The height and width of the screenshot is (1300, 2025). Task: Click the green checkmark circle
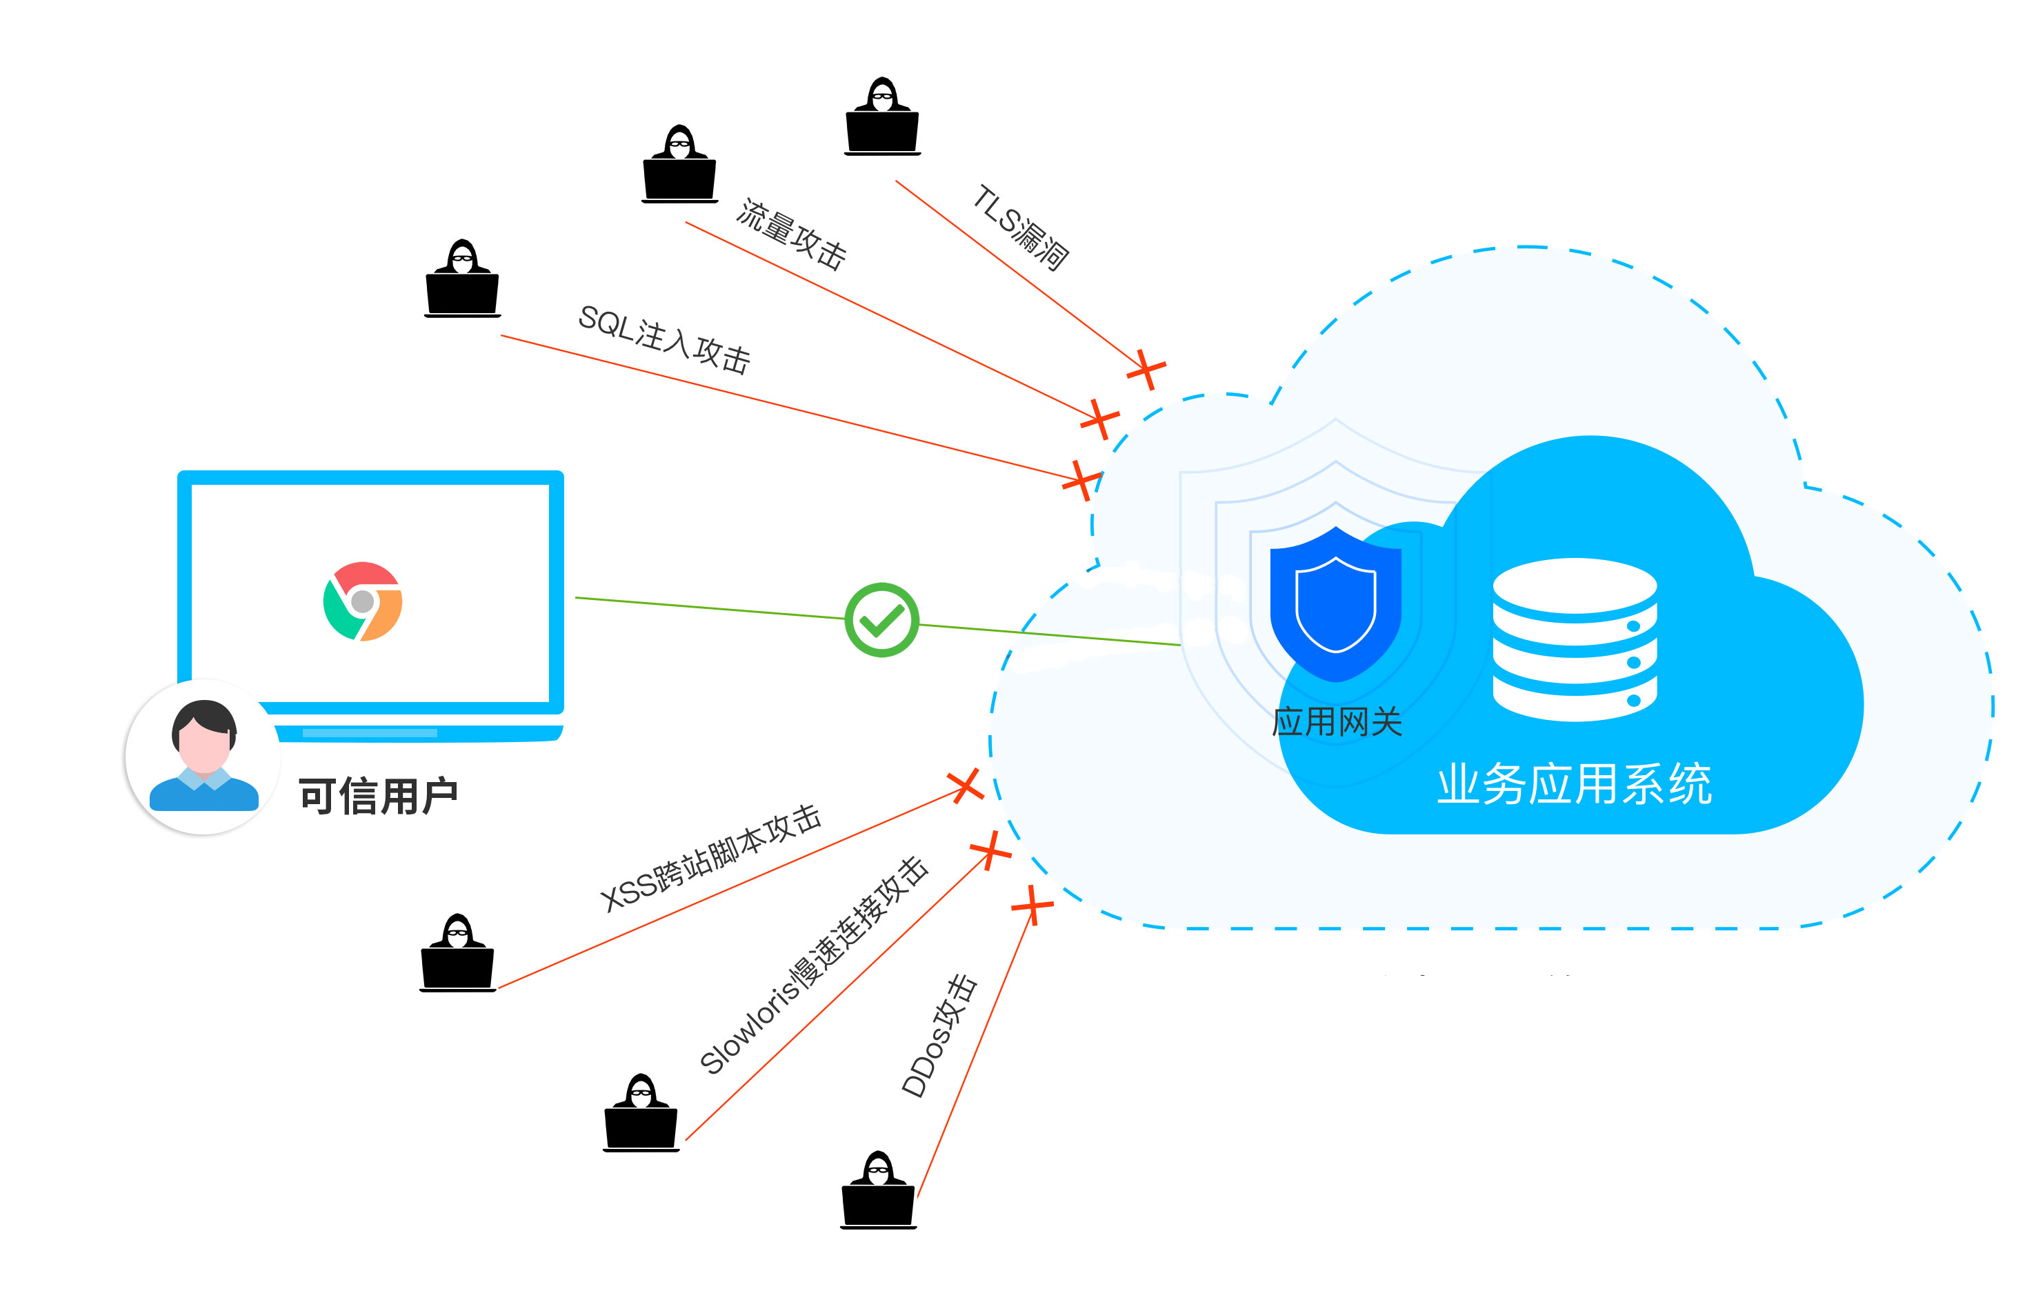(881, 619)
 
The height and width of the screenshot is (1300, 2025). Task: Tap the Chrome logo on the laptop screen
(363, 601)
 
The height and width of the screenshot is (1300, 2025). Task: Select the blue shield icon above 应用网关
(1335, 603)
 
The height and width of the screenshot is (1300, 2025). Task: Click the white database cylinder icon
(1574, 639)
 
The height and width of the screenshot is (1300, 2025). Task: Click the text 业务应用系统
(1574, 784)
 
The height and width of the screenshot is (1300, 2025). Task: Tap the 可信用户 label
(377, 796)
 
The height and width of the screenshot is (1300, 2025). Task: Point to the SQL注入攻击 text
(665, 339)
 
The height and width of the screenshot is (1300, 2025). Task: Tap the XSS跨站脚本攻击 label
(710, 858)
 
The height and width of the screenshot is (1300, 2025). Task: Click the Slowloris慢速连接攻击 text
(814, 966)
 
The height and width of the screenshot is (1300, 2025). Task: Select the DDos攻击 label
(939, 1037)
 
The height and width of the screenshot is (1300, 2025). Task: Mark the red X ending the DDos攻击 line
(1032, 906)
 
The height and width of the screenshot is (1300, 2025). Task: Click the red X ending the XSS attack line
(964, 786)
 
